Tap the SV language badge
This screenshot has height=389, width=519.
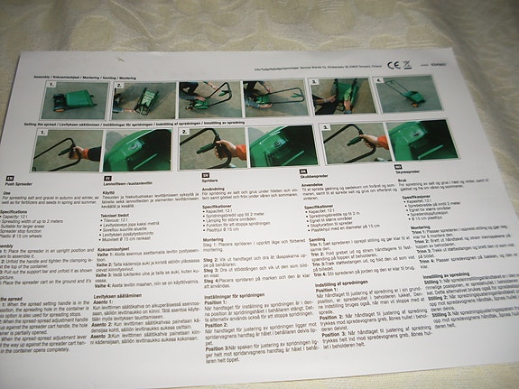tap(207, 173)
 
